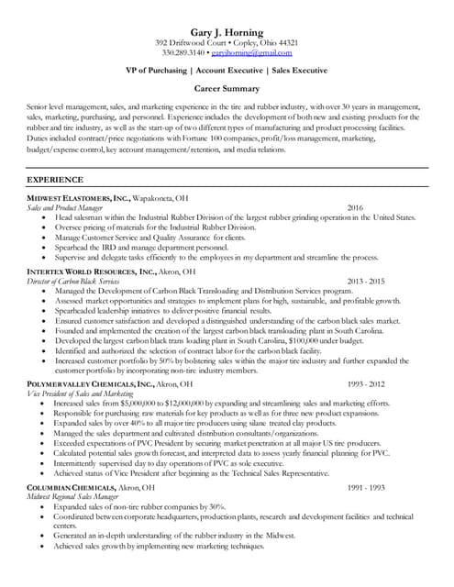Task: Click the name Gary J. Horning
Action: click(x=227, y=33)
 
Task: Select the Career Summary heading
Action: click(x=227, y=90)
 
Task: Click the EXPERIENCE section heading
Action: click(x=55, y=180)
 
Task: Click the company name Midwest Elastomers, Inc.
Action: click(x=79, y=198)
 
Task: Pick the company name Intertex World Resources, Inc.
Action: click(x=91, y=272)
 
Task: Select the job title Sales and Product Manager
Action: click(x=64, y=208)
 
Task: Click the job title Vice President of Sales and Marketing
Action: click(x=74, y=393)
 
